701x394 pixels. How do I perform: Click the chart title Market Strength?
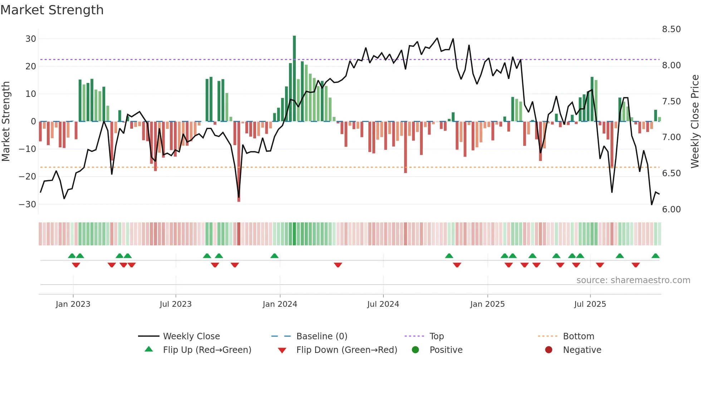(x=52, y=10)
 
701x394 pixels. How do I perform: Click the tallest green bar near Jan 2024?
(x=294, y=79)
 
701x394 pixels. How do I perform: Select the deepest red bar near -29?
(x=239, y=161)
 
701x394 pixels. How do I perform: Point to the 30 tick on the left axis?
(x=31, y=39)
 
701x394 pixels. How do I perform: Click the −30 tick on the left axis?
(x=28, y=204)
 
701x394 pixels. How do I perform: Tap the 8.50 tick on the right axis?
(x=671, y=29)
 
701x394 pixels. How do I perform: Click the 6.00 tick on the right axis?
(x=671, y=210)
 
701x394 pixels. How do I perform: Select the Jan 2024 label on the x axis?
(x=280, y=304)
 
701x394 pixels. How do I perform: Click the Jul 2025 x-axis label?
(x=590, y=304)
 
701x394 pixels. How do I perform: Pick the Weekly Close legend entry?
(x=191, y=336)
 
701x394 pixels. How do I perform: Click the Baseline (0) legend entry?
(x=322, y=336)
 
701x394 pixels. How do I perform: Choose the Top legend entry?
(x=436, y=336)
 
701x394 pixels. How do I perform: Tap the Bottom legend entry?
(x=578, y=336)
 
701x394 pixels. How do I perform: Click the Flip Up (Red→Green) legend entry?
(x=207, y=350)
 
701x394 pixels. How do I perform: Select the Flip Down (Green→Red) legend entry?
(x=347, y=350)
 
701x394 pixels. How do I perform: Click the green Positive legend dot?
(x=415, y=350)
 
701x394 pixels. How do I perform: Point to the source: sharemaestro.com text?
(x=633, y=280)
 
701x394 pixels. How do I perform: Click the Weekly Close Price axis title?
(x=695, y=122)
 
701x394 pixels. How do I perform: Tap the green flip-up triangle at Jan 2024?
(x=274, y=256)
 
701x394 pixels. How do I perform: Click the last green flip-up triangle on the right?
(x=655, y=256)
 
